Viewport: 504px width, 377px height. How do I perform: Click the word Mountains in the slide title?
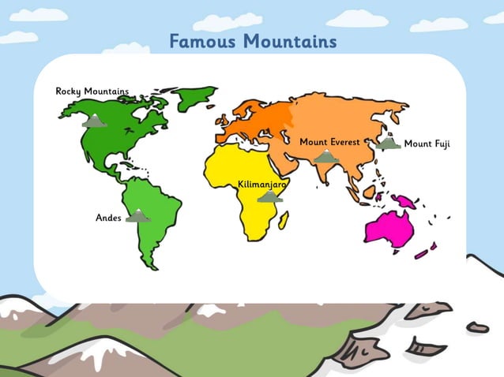pos(290,41)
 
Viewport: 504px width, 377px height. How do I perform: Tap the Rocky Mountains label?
pos(92,91)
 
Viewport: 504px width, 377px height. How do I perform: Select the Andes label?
pos(108,217)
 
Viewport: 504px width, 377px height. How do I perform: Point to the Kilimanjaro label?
pos(261,184)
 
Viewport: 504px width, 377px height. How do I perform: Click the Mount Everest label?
pos(329,142)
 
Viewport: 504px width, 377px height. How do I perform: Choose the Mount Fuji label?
pos(427,144)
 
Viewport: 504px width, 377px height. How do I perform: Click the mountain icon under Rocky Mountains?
pos(95,121)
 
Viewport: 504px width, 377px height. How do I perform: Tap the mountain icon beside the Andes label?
pos(138,215)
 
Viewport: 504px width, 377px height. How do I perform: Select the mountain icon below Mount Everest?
pos(325,157)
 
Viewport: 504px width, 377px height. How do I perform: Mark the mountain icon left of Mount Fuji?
pos(387,144)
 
